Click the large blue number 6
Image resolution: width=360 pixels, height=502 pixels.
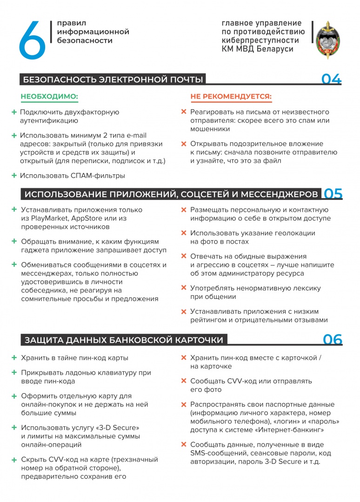(32, 40)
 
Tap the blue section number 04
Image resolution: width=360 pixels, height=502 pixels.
(332, 79)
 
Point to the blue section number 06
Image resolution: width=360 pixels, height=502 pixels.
(333, 340)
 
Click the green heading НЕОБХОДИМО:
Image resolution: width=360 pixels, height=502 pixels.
(49, 97)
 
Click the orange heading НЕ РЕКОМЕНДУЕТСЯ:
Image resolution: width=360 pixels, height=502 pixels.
(231, 97)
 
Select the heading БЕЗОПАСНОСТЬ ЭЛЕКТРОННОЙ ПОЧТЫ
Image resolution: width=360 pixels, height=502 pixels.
(113, 79)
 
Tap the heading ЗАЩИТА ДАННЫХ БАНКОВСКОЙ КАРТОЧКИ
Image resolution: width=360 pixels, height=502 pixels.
(124, 340)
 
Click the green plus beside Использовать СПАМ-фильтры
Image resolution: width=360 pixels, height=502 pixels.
(14, 175)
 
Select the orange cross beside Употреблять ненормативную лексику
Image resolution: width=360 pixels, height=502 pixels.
(184, 289)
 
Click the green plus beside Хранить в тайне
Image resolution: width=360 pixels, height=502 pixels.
(14, 358)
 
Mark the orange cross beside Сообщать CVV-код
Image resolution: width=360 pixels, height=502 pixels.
(184, 381)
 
